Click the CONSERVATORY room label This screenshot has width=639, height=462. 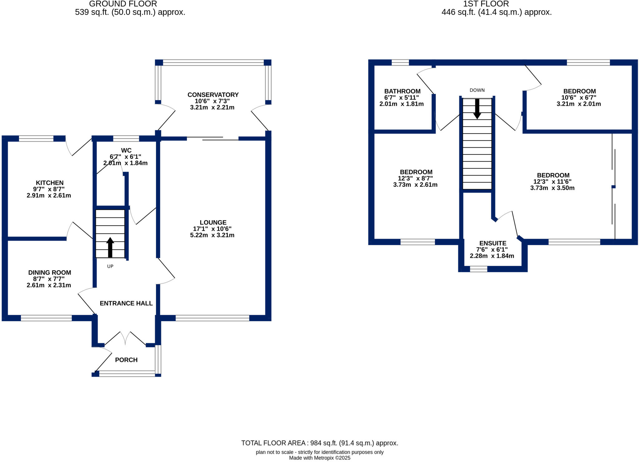click(213, 95)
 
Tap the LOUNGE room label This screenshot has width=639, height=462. click(213, 223)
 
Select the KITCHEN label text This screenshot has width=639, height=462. click(50, 183)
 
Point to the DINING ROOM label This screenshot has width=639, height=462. click(50, 273)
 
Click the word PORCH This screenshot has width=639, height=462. click(126, 360)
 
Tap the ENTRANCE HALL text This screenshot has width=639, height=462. click(126, 303)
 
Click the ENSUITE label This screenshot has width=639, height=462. click(493, 243)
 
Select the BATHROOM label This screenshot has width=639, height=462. click(402, 91)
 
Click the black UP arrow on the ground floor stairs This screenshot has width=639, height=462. click(110, 247)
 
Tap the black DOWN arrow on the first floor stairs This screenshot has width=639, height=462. click(477, 109)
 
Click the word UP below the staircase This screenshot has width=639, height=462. click(110, 266)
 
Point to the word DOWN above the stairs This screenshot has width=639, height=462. click(477, 90)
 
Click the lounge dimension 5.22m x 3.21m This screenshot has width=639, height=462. click(212, 235)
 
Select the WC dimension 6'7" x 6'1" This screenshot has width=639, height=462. click(125, 157)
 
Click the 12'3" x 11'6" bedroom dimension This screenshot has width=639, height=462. click(552, 182)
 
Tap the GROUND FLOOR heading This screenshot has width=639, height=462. click(123, 4)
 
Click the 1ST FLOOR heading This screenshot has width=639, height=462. click(486, 4)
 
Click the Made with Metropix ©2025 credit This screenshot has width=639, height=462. click(319, 458)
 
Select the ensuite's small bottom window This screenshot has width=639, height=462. click(478, 269)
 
